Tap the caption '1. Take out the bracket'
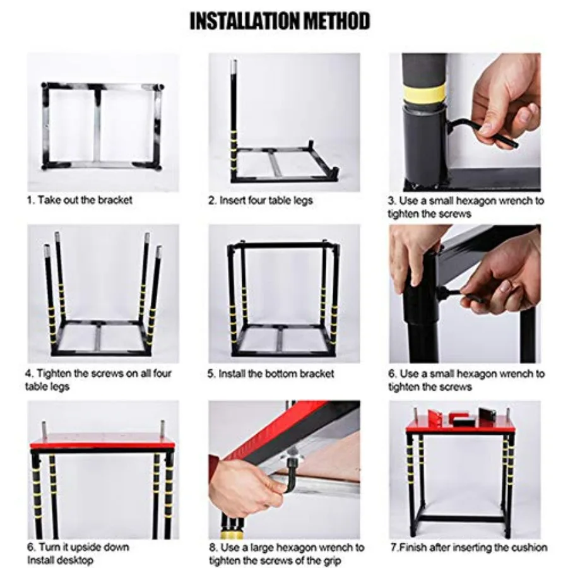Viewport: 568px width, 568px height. (x=80, y=200)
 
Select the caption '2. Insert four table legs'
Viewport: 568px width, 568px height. (x=261, y=200)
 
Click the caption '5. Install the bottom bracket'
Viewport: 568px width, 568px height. (x=271, y=374)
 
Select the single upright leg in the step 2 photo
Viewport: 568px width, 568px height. (x=234, y=120)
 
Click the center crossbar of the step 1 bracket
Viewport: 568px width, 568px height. (x=98, y=126)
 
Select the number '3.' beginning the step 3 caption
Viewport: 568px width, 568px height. (x=392, y=201)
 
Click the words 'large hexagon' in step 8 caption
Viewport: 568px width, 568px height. (x=293, y=547)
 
